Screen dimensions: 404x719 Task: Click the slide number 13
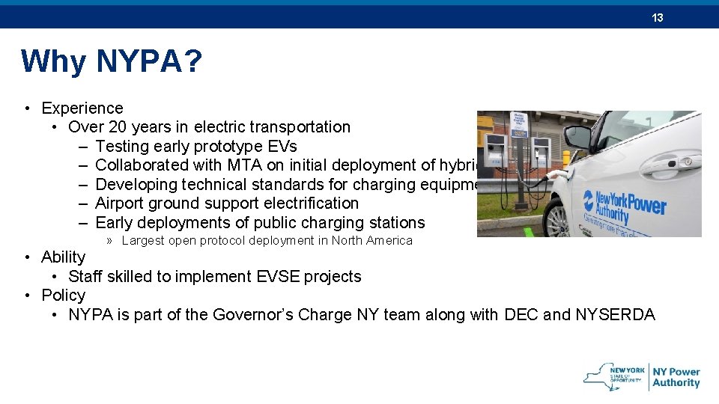coord(658,17)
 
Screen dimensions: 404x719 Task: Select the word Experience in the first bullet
coord(82,108)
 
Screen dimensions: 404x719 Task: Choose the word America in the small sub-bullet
coord(387,241)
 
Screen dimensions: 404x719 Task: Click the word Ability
coord(64,257)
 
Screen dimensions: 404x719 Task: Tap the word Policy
coord(64,296)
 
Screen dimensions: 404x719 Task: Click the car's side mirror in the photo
coord(577,136)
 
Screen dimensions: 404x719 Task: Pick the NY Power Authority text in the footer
coord(676,377)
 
